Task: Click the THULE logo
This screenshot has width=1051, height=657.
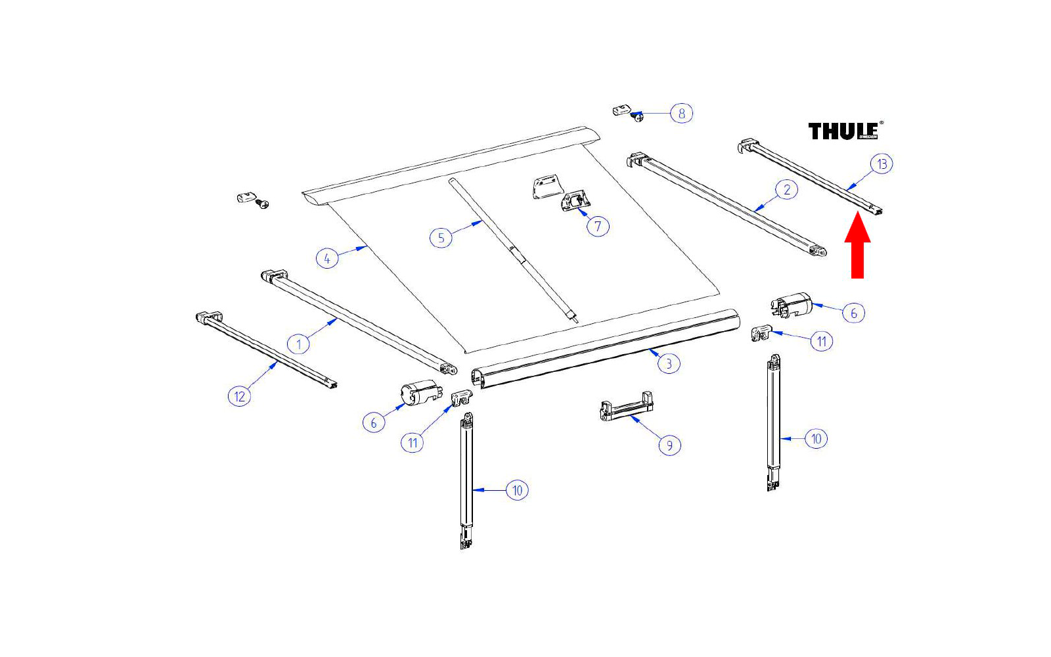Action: pyautogui.click(x=845, y=131)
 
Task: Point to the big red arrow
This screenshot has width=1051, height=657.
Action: pyautogui.click(x=857, y=244)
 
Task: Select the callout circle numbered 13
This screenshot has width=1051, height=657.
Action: pyautogui.click(x=882, y=164)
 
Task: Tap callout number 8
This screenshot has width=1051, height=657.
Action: pyautogui.click(x=681, y=113)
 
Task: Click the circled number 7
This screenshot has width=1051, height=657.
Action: pyautogui.click(x=598, y=227)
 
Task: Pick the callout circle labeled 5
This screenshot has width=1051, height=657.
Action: pyautogui.click(x=441, y=237)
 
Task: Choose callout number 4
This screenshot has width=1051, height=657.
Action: pyautogui.click(x=327, y=259)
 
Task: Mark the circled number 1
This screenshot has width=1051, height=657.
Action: pyautogui.click(x=298, y=344)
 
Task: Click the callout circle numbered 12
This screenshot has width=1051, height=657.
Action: pyautogui.click(x=239, y=397)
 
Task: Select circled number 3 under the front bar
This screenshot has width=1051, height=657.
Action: pyautogui.click(x=669, y=364)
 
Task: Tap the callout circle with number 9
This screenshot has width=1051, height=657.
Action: pyautogui.click(x=669, y=445)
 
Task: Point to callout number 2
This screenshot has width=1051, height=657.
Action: pyautogui.click(x=787, y=190)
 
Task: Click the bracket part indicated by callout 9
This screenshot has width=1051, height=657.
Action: pyautogui.click(x=627, y=407)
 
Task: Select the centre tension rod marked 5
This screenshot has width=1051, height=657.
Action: pyautogui.click(x=513, y=250)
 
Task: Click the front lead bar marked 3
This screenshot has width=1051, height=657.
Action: pyautogui.click(x=605, y=348)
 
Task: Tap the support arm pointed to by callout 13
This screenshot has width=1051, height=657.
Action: pyautogui.click(x=811, y=177)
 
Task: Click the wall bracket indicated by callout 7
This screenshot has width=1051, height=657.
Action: pyautogui.click(x=575, y=202)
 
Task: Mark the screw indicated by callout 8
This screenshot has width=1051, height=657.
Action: pyautogui.click(x=637, y=116)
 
